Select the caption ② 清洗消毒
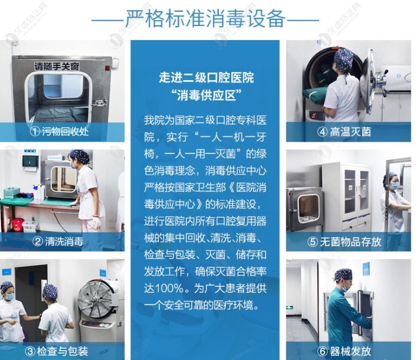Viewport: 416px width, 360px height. click(60, 241)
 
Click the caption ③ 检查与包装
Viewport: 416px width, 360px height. click(60, 351)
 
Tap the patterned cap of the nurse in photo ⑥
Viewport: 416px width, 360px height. click(342, 275)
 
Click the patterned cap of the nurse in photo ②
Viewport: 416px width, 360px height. click(79, 157)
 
